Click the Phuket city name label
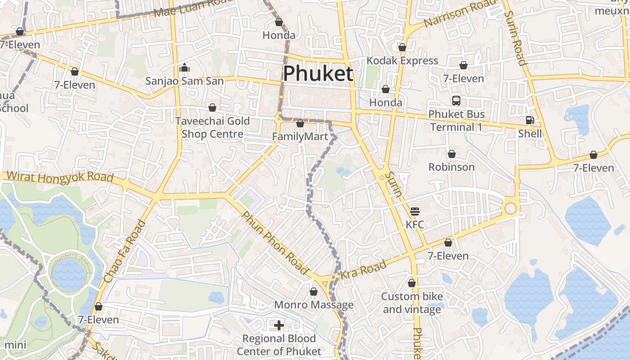[318, 73]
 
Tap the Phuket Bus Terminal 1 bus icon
[456, 100]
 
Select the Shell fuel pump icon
[530, 120]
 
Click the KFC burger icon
[414, 211]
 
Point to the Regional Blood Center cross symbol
[279, 325]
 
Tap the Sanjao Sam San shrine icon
[184, 68]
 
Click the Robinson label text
[451, 167]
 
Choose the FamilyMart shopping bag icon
[300, 123]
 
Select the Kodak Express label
[402, 61]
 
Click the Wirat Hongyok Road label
[60, 176]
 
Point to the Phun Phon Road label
[274, 243]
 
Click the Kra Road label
[363, 269]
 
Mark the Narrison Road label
[459, 13]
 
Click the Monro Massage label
[314, 305]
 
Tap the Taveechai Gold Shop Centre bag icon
[212, 108]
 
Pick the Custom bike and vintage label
[412, 303]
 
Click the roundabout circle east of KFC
[510, 208]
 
